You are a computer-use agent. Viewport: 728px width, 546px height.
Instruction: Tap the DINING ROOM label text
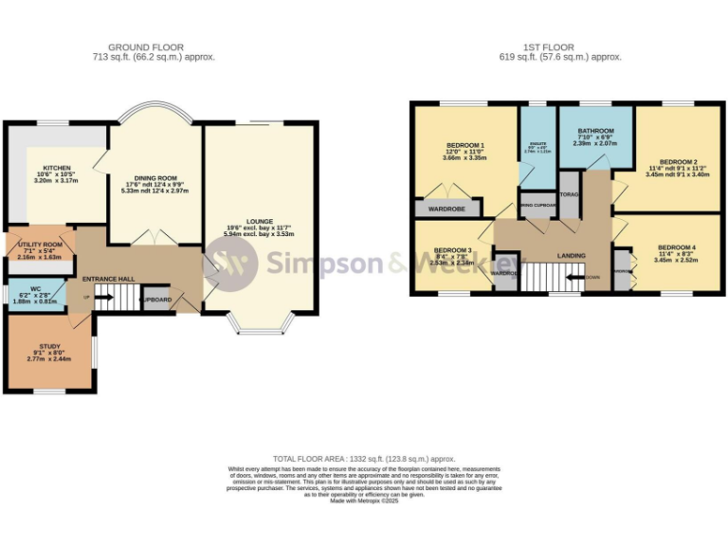click(155, 178)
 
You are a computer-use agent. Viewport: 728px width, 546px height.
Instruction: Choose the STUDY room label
click(49, 348)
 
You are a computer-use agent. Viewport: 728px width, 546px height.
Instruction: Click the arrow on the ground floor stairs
click(89, 298)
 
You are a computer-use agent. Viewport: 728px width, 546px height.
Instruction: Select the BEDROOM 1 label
click(464, 145)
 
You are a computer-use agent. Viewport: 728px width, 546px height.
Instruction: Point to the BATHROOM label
click(596, 131)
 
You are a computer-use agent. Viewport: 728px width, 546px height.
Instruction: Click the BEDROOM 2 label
click(678, 162)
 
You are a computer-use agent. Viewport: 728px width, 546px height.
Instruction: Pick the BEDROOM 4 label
click(677, 247)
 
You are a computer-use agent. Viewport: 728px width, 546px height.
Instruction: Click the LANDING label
click(572, 255)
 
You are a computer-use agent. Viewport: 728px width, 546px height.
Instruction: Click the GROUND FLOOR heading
click(146, 46)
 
